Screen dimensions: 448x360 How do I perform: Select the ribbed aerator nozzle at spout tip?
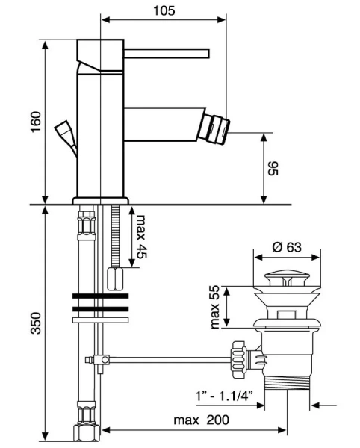(217, 127)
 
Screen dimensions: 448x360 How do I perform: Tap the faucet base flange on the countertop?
(100, 200)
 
